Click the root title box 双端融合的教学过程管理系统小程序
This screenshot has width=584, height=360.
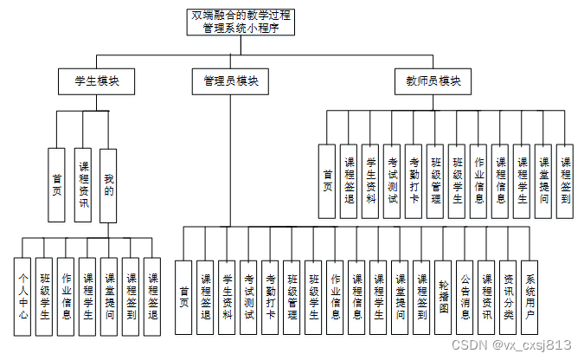point(242,22)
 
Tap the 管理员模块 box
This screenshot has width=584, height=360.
point(230,81)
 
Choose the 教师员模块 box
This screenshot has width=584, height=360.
point(433,81)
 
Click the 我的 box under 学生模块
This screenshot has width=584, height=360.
point(108,184)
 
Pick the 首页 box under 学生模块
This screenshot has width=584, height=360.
point(56,184)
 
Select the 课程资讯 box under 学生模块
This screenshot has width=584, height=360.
point(83,184)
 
